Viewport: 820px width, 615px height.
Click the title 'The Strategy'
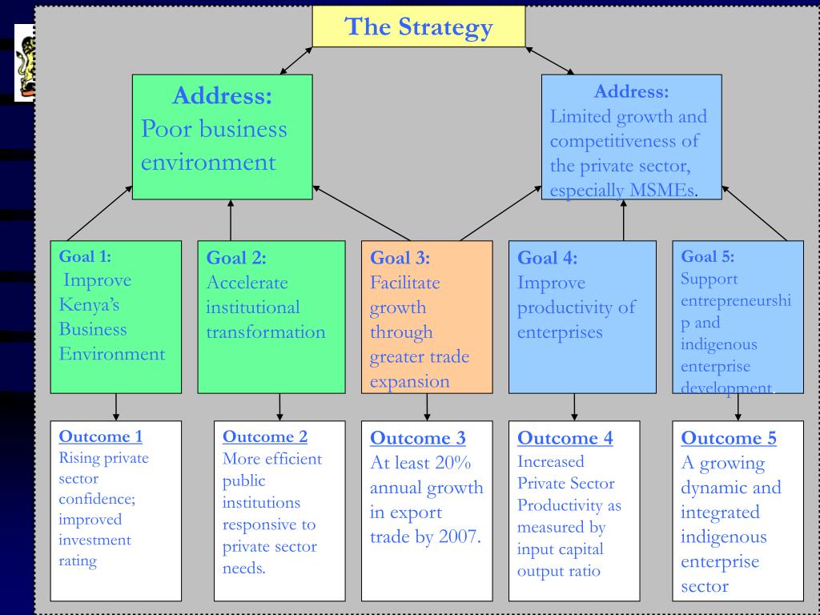[x=418, y=27]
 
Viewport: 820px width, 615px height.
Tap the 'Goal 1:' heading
[x=85, y=256]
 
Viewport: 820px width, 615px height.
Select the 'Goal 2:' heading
[x=236, y=258]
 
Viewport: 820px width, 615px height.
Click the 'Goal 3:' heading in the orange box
[x=400, y=258]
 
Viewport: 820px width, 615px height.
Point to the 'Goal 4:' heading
[x=547, y=258]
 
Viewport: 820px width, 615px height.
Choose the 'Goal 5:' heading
[x=707, y=256]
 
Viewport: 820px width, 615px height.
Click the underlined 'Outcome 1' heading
[x=101, y=436]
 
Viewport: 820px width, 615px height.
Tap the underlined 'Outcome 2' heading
[x=264, y=436]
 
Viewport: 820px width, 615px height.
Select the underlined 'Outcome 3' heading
[x=417, y=439]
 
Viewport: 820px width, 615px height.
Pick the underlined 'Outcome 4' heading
[x=565, y=438]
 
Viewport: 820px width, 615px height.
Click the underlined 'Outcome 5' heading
[x=729, y=438]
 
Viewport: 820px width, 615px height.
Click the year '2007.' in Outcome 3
[x=460, y=537]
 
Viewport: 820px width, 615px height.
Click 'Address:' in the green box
[x=222, y=96]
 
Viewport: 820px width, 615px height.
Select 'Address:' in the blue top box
[x=631, y=91]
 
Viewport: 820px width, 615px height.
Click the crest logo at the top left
[x=24, y=62]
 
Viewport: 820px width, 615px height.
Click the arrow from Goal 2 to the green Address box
[x=231, y=220]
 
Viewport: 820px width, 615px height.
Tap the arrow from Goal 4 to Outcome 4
[x=574, y=407]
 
